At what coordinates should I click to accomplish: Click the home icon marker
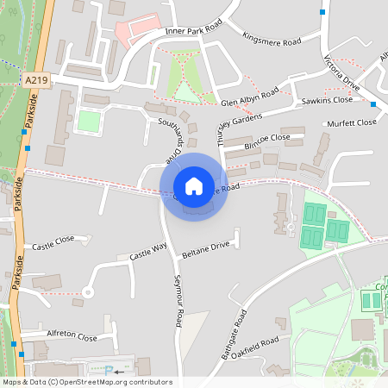tap(194, 186)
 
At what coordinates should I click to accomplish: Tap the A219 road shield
tap(36, 80)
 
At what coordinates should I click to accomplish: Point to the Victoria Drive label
tap(341, 73)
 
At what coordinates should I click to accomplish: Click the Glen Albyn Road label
tap(250, 97)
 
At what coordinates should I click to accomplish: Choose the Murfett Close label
tap(352, 123)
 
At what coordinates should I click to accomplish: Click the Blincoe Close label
tap(268, 138)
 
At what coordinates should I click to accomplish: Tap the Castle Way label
tap(147, 253)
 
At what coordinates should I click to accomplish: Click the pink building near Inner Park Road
tap(139, 30)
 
